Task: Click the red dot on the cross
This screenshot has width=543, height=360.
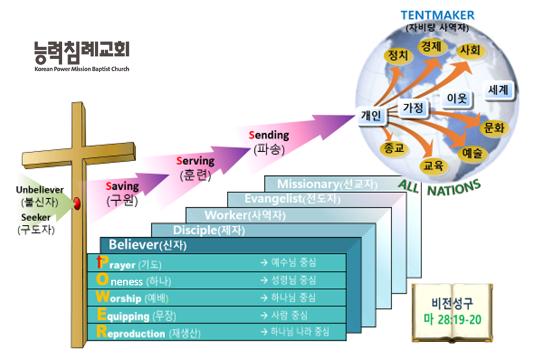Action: click(x=77, y=203)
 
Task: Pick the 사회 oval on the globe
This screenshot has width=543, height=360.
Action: click(x=470, y=50)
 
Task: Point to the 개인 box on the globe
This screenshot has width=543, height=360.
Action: click(x=370, y=116)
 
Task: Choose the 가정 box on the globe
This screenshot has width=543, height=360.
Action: click(x=412, y=108)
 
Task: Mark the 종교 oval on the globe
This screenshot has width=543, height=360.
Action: click(x=389, y=148)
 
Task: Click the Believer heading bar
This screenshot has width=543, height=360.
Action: click(x=147, y=245)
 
